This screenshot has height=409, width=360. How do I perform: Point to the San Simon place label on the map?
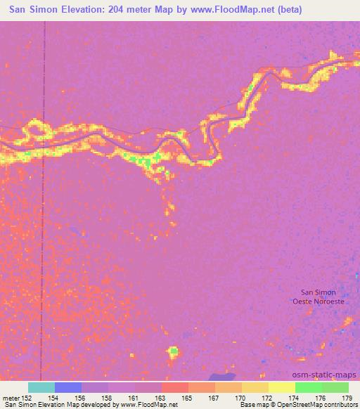(318, 292)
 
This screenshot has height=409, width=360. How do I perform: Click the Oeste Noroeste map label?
(319, 301)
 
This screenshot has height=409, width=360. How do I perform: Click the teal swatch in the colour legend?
(41, 387)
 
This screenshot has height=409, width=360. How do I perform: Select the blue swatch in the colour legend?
(68, 387)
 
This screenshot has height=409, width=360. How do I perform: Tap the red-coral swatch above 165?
(175, 387)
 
